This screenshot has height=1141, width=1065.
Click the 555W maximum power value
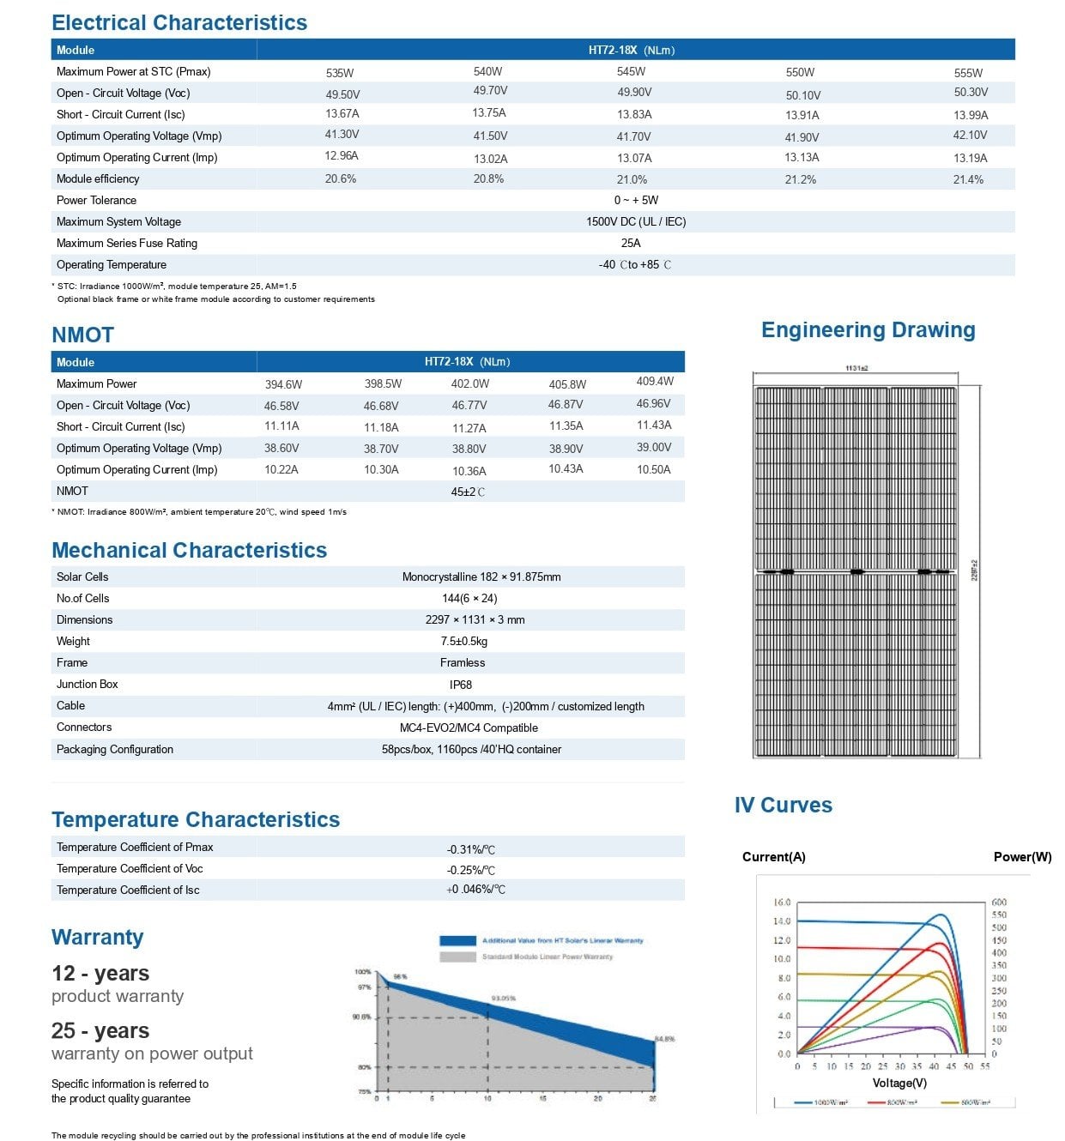click(x=968, y=73)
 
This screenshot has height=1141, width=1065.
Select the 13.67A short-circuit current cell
click(x=342, y=114)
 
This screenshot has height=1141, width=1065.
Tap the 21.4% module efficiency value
click(x=968, y=179)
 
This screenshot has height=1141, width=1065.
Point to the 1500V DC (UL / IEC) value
click(x=636, y=222)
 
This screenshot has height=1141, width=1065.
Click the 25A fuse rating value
click(x=631, y=244)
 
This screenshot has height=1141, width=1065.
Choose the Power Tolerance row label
click(x=96, y=201)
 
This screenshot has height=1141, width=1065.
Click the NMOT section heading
click(x=82, y=335)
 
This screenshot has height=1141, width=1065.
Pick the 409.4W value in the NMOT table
click(x=655, y=382)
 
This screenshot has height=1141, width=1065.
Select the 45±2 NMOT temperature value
click(x=468, y=492)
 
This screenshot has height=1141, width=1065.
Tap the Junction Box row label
click(x=88, y=685)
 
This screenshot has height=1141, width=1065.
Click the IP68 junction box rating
click(x=461, y=685)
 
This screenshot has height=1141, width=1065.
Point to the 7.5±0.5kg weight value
click(x=463, y=642)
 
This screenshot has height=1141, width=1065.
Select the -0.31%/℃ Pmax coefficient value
click(x=470, y=850)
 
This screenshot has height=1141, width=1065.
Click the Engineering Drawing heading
click(x=868, y=330)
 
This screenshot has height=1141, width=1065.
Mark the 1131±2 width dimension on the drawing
click(x=856, y=368)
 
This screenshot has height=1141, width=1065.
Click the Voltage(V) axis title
click(x=899, y=1084)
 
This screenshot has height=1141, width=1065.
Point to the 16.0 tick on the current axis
click(x=782, y=903)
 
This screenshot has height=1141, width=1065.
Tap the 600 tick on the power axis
click(x=999, y=903)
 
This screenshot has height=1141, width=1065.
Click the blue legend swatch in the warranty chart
click(x=457, y=941)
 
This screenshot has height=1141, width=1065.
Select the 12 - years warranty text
click(x=100, y=974)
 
